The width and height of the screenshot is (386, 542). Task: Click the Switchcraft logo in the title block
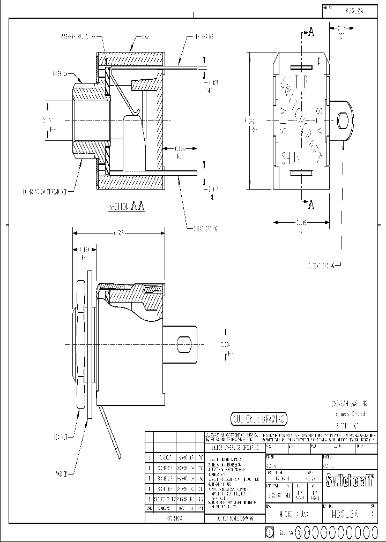(349, 478)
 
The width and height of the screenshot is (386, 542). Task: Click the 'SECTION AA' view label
(127, 205)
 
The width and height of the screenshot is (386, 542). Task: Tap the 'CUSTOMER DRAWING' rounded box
(258, 418)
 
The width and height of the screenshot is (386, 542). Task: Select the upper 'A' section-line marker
(310, 33)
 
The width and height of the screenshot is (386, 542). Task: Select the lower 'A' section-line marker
(310, 204)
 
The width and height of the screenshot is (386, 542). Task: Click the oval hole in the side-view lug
(184, 344)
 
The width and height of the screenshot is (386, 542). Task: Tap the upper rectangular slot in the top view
(301, 67)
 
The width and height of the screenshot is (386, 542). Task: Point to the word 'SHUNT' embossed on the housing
(291, 157)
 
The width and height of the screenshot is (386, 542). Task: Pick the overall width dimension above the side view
(118, 233)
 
